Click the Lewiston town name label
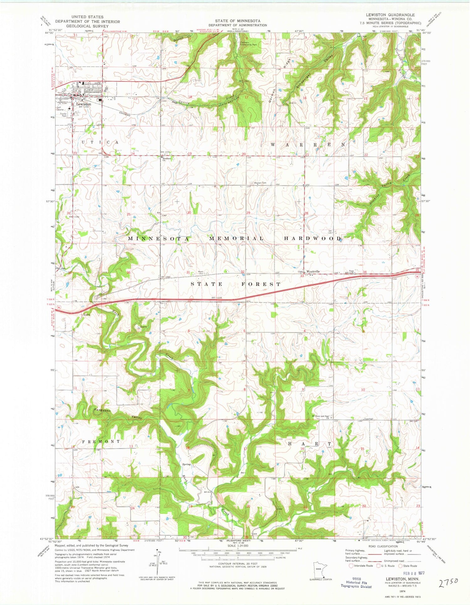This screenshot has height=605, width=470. [83, 104]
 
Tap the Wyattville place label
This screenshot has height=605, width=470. [313, 272]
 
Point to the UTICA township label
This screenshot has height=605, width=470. [100, 142]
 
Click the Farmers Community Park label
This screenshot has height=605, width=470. [248, 44]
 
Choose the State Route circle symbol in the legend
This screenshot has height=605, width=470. [400, 566]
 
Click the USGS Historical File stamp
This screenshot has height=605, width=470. [356, 583]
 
